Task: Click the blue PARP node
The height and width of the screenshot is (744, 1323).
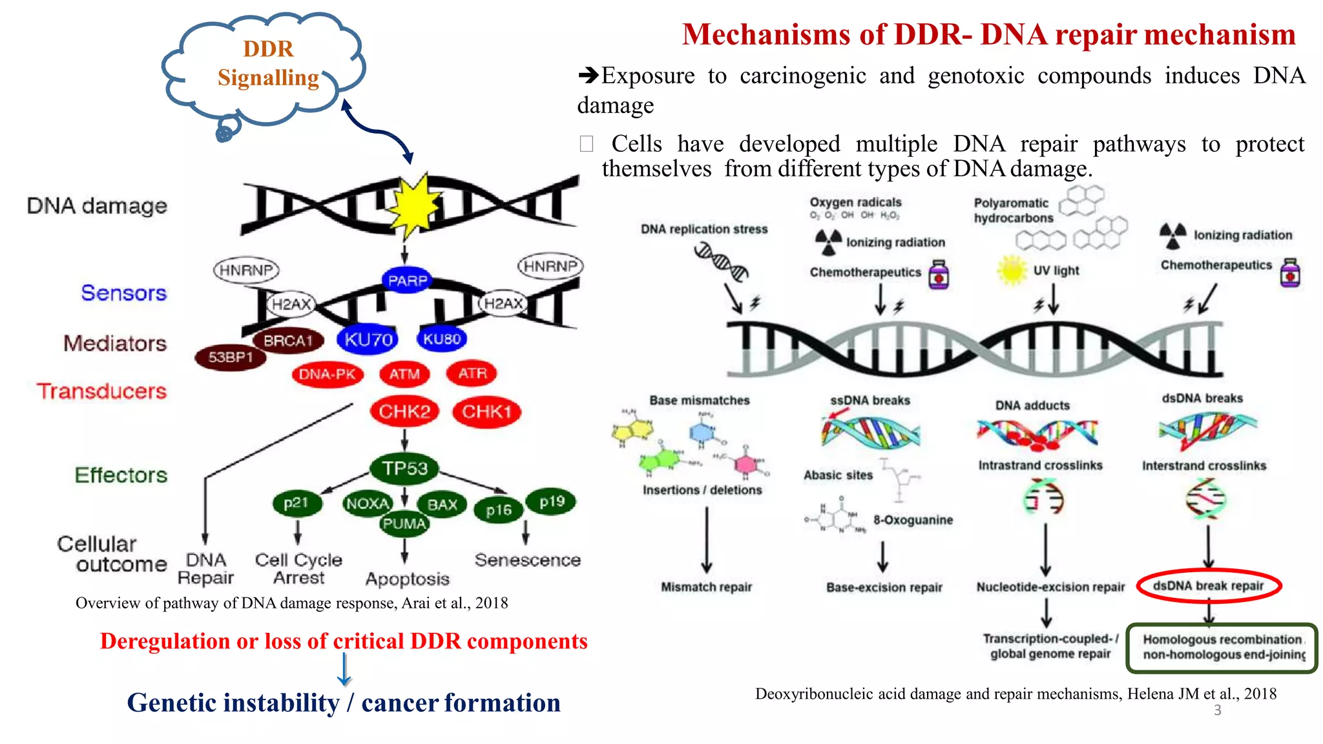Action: click(x=407, y=280)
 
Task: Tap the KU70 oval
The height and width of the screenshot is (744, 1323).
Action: click(x=368, y=339)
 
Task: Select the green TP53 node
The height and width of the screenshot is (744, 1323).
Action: click(x=404, y=468)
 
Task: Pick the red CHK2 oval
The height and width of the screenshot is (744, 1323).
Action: click(x=404, y=411)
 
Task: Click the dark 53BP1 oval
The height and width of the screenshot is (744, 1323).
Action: click(x=231, y=357)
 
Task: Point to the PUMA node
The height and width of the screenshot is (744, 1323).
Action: click(x=404, y=524)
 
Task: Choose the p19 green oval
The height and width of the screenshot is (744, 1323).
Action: click(x=552, y=502)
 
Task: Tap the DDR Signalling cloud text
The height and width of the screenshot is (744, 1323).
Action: click(x=268, y=63)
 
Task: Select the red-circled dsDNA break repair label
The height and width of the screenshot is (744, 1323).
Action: click(x=1208, y=586)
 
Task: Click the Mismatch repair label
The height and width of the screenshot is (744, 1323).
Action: click(x=706, y=587)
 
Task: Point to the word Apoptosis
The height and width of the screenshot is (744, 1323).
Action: click(x=407, y=579)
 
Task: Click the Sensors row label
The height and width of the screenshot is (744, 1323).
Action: click(x=123, y=293)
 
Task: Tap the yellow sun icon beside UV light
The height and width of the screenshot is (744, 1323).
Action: click(x=1012, y=270)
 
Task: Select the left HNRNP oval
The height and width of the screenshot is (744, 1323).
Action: click(x=246, y=269)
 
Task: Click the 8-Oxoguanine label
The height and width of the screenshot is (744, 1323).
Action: click(x=913, y=520)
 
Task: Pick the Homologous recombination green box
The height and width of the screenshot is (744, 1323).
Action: click(x=1222, y=647)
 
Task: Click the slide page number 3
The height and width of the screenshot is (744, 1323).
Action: click(x=1217, y=710)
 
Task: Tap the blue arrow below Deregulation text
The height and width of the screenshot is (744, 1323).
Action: click(x=344, y=669)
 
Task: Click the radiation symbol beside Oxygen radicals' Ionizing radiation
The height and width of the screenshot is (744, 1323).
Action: click(x=829, y=242)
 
